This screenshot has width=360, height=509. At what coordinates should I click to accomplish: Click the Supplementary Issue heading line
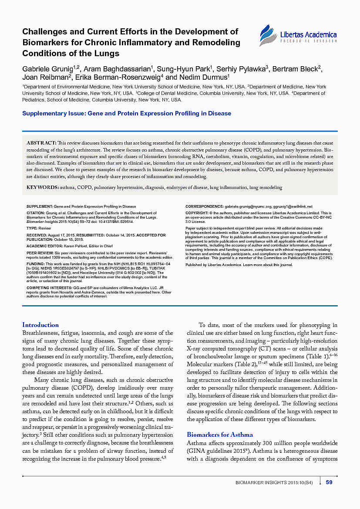point(127,113)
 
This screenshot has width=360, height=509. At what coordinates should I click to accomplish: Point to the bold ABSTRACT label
point(41,143)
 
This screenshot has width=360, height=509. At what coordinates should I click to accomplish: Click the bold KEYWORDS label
point(42,187)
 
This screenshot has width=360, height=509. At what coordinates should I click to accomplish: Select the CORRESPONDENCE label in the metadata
point(204,206)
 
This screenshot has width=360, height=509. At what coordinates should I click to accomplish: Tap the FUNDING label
point(36,264)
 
